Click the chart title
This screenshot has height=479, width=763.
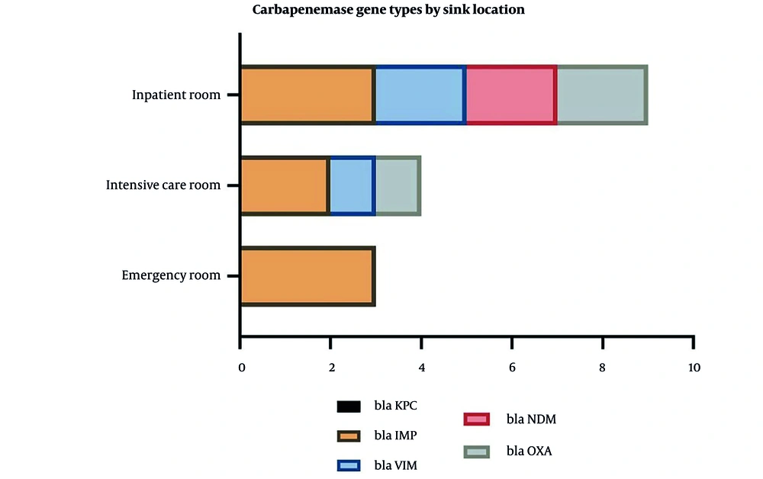388,10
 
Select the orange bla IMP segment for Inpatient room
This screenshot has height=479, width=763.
308,95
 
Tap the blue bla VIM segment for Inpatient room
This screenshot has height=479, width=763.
421,95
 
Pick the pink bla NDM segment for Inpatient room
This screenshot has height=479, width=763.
512,95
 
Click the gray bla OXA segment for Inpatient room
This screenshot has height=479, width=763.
603,95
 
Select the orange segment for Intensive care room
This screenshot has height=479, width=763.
285,185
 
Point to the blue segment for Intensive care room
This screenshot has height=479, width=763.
353,185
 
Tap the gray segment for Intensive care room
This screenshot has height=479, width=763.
398,185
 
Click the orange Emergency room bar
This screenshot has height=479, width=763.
308,276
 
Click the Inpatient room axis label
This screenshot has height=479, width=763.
176,95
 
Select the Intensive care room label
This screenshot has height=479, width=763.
163,185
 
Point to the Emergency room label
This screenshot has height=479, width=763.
171,275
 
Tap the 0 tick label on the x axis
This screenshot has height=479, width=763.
242,368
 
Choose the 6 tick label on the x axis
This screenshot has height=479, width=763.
512,368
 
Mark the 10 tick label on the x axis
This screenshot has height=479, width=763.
694,368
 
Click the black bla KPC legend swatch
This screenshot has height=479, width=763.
349,407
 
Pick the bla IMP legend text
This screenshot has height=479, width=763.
395,436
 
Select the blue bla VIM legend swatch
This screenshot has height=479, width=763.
349,466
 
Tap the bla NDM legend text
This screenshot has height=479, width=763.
531,420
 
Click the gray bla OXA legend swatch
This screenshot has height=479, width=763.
477,452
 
